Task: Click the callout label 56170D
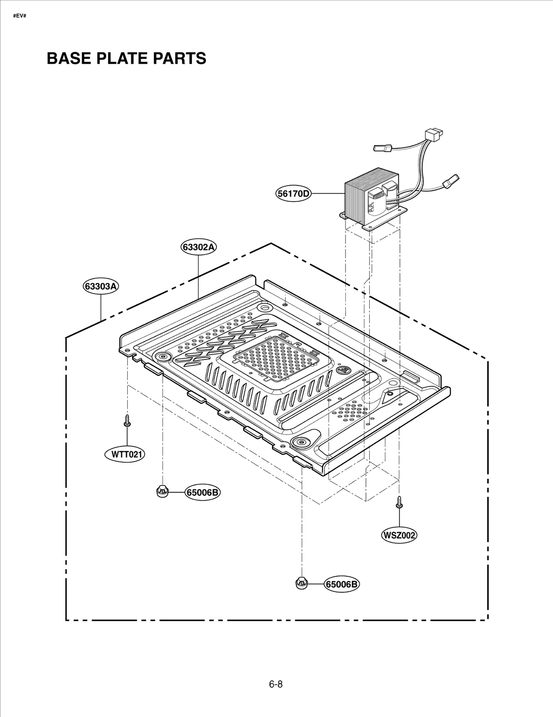[x=293, y=194]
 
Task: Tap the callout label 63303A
[x=101, y=286]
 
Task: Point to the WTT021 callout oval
[x=125, y=454]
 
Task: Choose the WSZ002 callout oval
[x=399, y=535]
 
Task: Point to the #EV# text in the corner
[x=20, y=16]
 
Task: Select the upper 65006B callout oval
[x=203, y=492]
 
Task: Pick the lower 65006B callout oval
[x=341, y=584]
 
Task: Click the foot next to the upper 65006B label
[x=162, y=491]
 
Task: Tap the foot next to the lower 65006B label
[x=301, y=583]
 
